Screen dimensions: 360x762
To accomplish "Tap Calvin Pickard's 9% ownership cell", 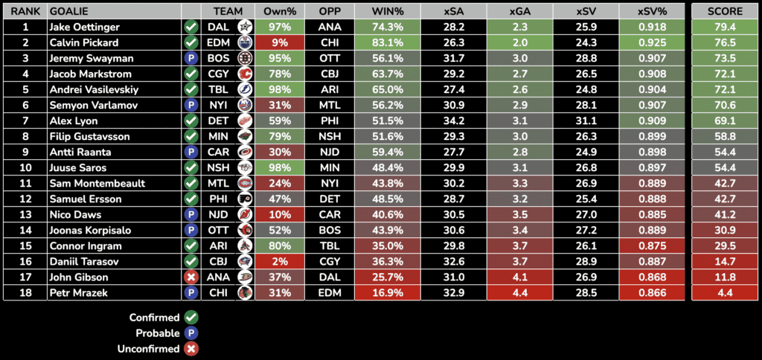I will coord(279,42).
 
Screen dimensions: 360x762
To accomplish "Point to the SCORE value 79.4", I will coord(724,27).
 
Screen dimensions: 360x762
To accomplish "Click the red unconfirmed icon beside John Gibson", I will coord(191,277).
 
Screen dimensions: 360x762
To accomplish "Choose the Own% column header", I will coord(279,11).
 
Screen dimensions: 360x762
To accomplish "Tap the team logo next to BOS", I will coord(244,58).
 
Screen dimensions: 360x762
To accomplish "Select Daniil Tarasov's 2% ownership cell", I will coord(279,261).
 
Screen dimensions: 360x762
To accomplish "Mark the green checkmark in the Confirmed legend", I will coord(190,318).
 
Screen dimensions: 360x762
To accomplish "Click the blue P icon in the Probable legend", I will coord(190,333).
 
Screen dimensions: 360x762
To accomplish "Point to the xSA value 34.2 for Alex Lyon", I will coord(453,120).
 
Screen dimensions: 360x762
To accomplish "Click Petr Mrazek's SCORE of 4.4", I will coord(724,292).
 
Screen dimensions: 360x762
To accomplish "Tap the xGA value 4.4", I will coord(520,292).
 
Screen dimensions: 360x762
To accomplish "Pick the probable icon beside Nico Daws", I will coord(191,214).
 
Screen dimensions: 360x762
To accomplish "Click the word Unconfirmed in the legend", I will coord(148,349).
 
